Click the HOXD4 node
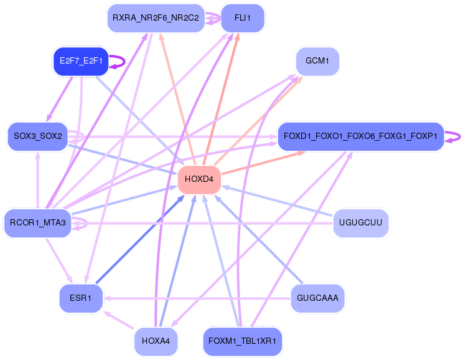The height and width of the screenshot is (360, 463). (x=199, y=180)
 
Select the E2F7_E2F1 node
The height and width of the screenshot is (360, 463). (x=81, y=62)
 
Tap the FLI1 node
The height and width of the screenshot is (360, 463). (x=243, y=18)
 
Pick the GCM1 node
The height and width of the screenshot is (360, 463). (x=317, y=62)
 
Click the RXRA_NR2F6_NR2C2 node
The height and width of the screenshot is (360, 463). (x=156, y=18)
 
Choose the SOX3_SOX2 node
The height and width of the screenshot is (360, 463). (x=38, y=136)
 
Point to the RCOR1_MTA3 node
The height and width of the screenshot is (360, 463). (x=38, y=223)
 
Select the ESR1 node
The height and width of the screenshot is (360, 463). (x=81, y=298)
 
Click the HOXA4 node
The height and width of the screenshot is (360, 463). (x=156, y=341)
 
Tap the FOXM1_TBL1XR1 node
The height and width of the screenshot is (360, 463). (x=243, y=341)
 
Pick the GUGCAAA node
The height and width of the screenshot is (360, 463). (x=317, y=298)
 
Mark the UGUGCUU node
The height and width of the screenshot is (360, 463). (x=360, y=223)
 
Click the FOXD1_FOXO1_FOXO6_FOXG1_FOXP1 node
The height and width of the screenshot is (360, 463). (x=361, y=136)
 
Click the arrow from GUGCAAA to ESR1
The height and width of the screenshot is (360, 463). (x=197, y=298)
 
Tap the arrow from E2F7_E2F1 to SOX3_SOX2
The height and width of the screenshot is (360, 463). (x=59, y=99)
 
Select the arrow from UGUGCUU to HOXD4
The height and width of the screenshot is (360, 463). (x=277, y=201)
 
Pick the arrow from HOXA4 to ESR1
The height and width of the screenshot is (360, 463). (x=119, y=320)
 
